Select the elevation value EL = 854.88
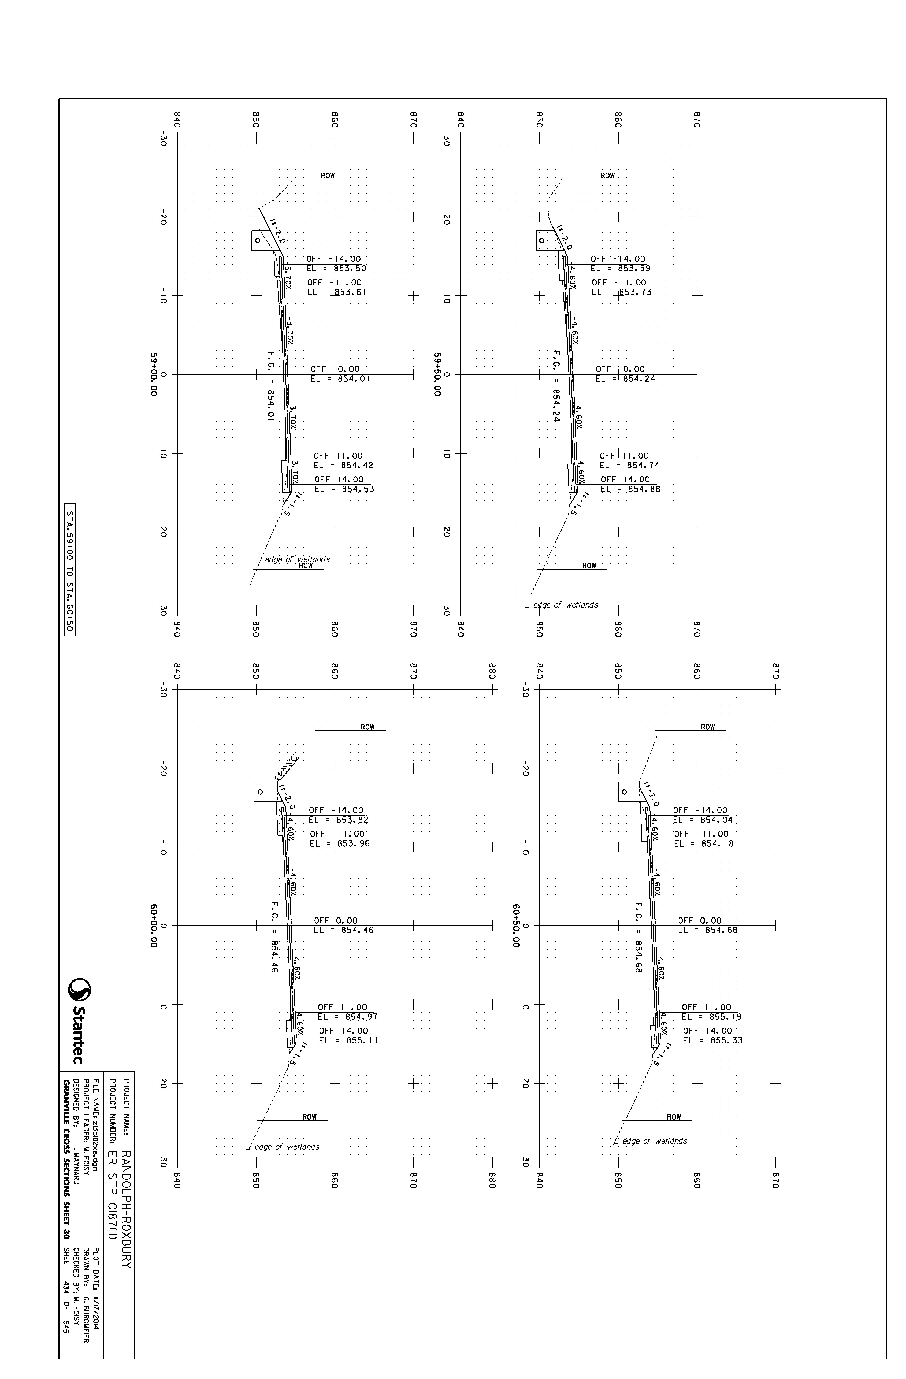click(630, 489)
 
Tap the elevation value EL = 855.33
click(713, 1040)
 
